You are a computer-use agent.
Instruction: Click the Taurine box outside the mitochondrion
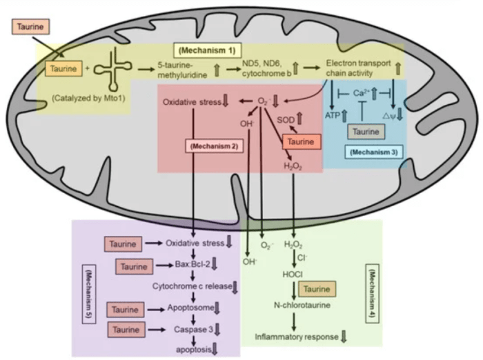[x=30, y=29]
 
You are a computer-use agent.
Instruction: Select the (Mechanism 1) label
[x=207, y=51]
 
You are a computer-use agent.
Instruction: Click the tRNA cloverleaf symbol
[x=111, y=69]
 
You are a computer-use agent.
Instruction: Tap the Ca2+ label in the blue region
[x=362, y=92]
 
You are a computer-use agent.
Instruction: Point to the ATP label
[x=332, y=117]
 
